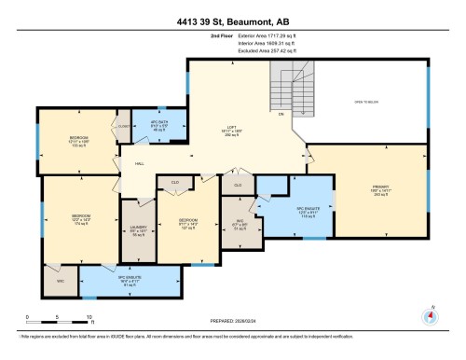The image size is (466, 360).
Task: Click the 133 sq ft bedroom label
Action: [x=77, y=141]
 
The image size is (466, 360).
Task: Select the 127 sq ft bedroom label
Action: [x=188, y=223]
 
